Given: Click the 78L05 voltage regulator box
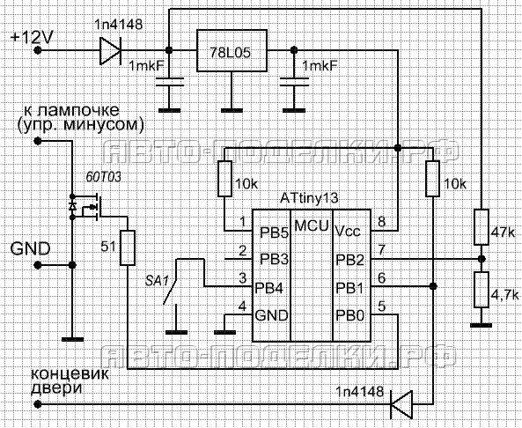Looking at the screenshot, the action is [232, 50].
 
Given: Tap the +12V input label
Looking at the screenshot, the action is [32, 37].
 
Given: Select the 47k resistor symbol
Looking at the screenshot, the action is [481, 227].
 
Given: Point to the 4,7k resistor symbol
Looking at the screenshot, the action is [481, 290].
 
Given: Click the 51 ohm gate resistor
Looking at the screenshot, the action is [128, 247].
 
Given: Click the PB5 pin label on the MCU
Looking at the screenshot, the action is [274, 232].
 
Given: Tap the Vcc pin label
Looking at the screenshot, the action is [348, 231].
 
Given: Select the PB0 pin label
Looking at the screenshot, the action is [349, 315].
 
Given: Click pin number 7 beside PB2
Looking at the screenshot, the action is [381, 249].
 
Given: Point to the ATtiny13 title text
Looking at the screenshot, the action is [309, 198].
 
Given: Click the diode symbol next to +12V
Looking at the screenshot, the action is [111, 50].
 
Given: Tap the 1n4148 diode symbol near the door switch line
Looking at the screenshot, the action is [401, 405].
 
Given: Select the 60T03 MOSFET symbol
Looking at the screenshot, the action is [88, 207].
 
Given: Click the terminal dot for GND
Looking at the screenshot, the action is [38, 265].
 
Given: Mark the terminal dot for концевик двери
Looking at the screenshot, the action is [38, 405].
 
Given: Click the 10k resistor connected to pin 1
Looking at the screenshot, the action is [224, 179].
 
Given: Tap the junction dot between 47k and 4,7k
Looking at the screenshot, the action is [481, 259].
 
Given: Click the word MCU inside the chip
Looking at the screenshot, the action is [312, 225].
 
